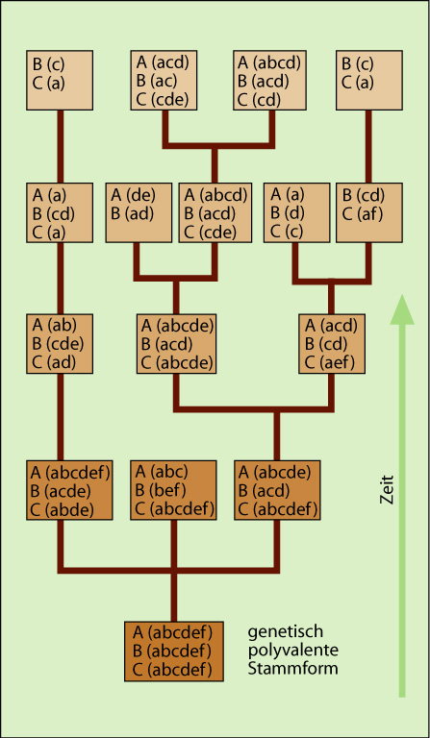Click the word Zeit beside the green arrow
387,489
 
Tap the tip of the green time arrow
402,295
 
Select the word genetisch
286,631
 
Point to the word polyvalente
293,651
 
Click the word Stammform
293,668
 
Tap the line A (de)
134,195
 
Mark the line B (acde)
61,490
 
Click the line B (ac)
157,81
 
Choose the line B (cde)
58,344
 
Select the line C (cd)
260,100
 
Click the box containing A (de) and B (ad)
139,213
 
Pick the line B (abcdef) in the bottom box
172,651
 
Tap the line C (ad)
54,363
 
